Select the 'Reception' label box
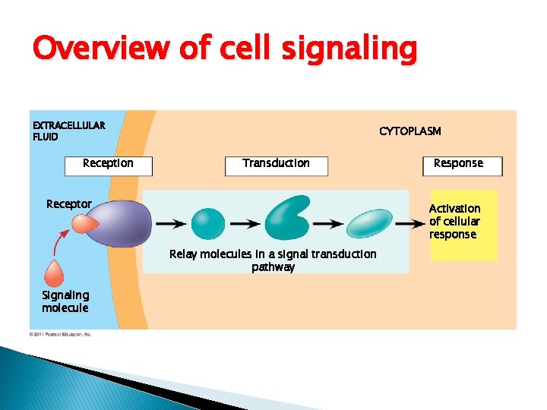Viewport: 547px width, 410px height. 108,164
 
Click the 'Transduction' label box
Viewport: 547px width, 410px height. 276,164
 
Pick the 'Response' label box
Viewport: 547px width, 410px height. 458,164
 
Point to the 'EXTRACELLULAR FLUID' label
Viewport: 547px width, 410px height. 68,131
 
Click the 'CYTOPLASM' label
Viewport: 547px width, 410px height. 409,131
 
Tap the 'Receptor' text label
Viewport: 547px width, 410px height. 68,204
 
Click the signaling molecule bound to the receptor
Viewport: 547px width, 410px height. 83,223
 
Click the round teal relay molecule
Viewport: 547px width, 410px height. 207,224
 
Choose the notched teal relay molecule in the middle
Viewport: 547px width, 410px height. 286,218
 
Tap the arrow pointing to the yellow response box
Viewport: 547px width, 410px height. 410,224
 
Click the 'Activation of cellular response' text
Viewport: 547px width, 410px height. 454,221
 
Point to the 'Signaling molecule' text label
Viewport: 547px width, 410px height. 65,301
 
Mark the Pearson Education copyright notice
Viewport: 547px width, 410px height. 60,334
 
